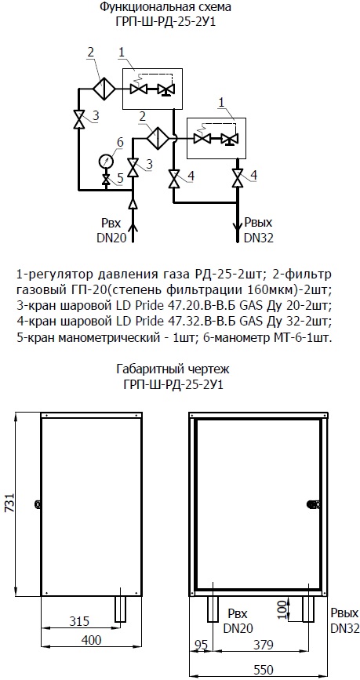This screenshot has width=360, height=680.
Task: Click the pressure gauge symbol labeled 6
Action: click(x=106, y=162)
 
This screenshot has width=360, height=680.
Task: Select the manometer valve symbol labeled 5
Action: click(x=106, y=180)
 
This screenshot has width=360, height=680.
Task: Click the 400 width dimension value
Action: click(x=91, y=640)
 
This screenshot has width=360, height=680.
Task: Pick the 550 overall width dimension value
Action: click(x=264, y=670)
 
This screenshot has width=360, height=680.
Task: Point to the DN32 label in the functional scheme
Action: click(x=259, y=238)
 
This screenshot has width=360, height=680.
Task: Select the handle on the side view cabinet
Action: click(x=38, y=504)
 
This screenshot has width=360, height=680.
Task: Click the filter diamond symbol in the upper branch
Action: click(x=104, y=89)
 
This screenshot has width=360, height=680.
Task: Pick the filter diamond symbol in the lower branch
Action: click(x=158, y=138)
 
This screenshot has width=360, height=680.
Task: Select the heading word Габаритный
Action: click(x=146, y=369)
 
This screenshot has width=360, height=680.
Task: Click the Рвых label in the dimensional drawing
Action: click(x=344, y=613)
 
